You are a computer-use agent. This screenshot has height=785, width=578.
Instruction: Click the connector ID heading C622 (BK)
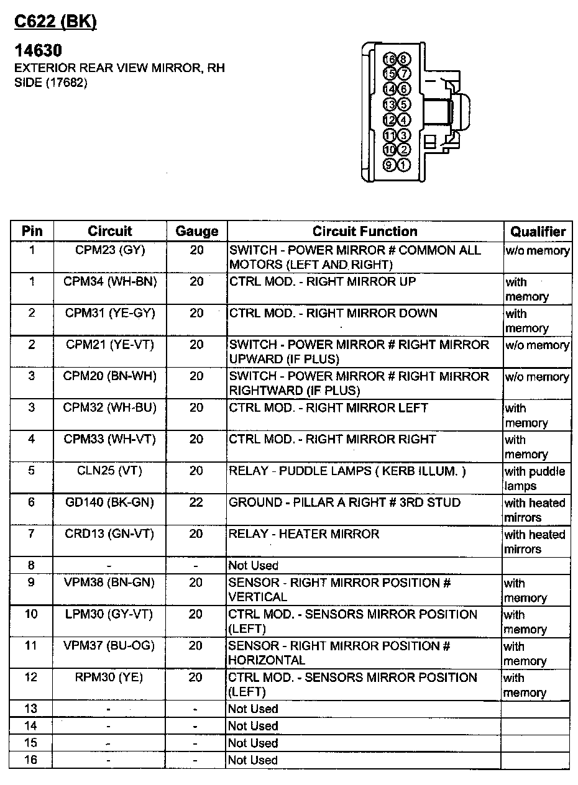pos(55,22)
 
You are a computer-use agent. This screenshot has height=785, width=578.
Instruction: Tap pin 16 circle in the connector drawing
pos(390,60)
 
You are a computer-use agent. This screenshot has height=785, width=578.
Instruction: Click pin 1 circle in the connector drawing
pos(403,165)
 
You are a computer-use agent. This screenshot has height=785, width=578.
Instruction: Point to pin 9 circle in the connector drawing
pos(390,165)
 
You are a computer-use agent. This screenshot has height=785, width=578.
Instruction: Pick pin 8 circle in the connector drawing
pos(403,60)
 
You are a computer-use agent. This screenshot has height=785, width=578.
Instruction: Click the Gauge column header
pos(196,232)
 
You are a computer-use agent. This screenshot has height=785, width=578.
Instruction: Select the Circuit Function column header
pos(365,232)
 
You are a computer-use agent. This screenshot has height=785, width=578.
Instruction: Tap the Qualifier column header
pos(538,232)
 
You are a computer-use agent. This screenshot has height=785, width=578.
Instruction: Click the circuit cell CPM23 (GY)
pos(110,250)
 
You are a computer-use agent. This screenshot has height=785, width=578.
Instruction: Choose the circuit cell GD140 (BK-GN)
pos(110,502)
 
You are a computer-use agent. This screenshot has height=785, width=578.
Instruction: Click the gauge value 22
pos(196,502)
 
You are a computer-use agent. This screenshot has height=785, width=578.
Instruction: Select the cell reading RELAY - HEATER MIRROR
pos(304,534)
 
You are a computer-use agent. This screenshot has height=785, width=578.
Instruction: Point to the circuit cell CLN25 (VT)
pos(110,471)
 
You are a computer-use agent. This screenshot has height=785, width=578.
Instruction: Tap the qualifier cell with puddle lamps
pos(534,479)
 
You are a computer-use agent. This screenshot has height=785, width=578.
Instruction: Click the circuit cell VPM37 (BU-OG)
pos(110,646)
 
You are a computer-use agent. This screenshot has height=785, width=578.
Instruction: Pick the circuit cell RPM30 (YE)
pos(110,678)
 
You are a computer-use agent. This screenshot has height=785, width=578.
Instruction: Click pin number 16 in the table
pos(31,760)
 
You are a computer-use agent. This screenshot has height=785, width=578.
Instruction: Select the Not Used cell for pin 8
pos(254,566)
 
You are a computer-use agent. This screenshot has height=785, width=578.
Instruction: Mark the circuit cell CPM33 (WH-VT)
pos(110,440)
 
